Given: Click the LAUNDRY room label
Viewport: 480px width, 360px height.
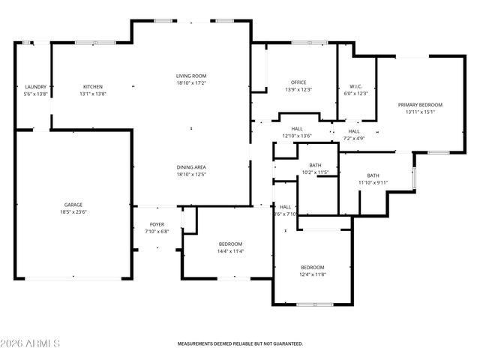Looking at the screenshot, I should click(36, 87).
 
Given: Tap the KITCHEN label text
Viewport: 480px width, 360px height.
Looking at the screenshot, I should click(92, 87).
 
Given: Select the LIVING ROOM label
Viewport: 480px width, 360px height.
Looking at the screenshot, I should click(191, 76).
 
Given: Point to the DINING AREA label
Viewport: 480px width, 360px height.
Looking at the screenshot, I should click(191, 167).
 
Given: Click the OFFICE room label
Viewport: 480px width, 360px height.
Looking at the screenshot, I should click(298, 82).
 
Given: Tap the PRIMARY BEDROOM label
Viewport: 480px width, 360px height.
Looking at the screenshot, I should click(420, 105).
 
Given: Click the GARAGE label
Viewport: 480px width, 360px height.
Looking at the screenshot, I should click(73, 205).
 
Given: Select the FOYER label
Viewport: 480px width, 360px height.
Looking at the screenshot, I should click(157, 224).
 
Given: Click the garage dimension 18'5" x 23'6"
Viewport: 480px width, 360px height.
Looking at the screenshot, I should click(73, 212).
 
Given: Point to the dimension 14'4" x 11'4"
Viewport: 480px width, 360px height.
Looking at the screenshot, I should click(230, 251).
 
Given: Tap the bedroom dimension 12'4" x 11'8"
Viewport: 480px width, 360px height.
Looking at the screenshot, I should click(313, 274).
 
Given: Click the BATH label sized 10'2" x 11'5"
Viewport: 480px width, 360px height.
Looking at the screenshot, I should click(315, 165).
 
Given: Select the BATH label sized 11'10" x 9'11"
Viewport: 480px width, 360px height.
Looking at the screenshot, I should click(373, 175).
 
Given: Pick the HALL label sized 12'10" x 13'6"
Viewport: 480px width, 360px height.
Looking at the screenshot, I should click(297, 129).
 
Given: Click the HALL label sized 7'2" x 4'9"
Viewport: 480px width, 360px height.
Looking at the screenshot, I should click(354, 131).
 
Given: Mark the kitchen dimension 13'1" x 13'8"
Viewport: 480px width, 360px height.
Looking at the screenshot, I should click(92, 94).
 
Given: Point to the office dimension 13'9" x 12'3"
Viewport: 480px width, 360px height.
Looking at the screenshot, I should click(298, 90).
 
